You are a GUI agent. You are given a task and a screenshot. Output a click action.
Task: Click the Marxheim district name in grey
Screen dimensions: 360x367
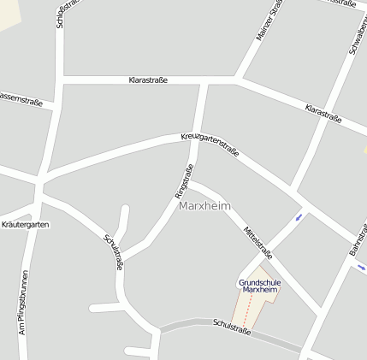205,206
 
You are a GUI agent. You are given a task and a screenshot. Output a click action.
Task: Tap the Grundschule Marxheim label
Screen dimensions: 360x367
260,286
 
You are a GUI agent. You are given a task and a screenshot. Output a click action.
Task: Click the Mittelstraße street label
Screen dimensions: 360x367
257,242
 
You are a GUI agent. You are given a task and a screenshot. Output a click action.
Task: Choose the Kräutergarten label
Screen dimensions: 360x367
26,224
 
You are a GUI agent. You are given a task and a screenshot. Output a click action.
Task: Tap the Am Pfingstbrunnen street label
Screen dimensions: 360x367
23,302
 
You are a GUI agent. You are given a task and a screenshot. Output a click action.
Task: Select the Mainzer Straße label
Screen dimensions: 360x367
269,19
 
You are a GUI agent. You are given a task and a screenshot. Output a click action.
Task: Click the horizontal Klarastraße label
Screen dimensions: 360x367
147,80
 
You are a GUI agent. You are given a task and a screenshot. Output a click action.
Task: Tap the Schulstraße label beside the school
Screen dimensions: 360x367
232,326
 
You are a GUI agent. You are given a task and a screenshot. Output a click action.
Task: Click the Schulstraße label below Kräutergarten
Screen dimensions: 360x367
113,252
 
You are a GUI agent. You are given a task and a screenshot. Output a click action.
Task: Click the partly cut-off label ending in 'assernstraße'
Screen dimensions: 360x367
20,99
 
